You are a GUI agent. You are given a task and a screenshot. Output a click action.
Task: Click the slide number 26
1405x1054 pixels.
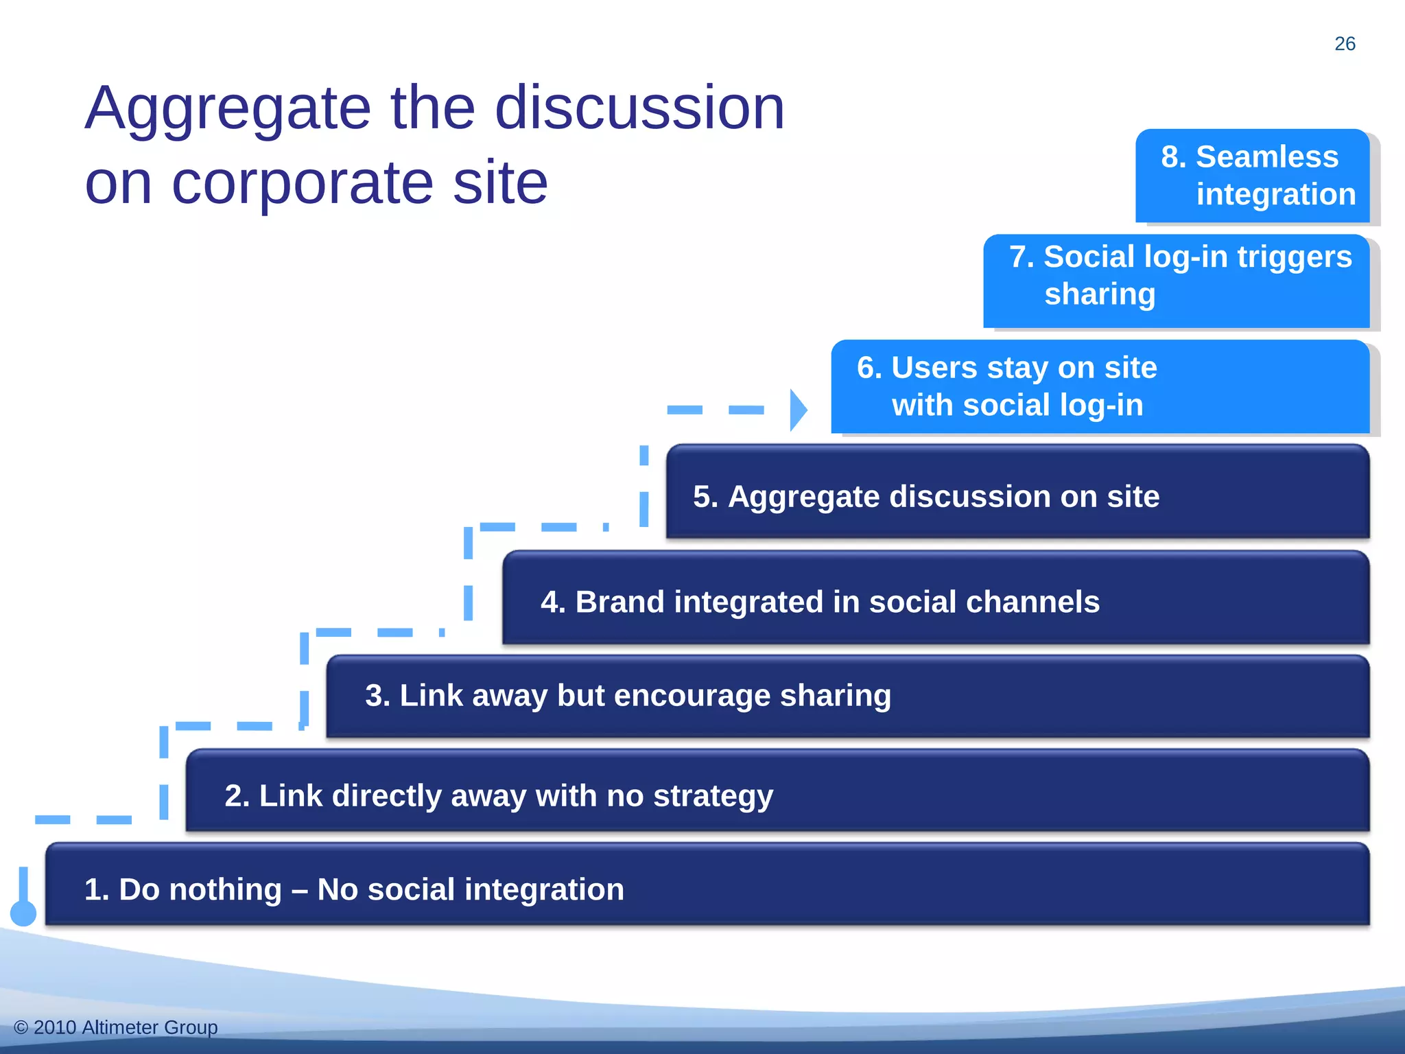1345,44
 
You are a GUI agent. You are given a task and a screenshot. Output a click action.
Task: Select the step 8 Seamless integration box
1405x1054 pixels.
1252,176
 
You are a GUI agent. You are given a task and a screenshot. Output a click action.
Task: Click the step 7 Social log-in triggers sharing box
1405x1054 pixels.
1176,281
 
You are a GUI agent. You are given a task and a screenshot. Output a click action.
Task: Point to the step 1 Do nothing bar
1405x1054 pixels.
707,885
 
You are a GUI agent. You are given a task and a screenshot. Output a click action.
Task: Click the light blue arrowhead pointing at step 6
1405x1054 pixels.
798,410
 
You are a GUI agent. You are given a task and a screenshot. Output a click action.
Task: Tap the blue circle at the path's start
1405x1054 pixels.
23,913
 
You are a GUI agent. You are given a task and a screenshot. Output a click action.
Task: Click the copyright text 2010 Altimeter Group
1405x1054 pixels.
116,1027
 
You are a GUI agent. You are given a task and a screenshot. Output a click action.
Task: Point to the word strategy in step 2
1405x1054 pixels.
713,797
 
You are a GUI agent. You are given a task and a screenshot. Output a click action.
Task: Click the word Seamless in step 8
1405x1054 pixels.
1267,157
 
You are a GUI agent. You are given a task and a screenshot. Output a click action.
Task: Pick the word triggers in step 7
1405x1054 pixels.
1295,257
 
